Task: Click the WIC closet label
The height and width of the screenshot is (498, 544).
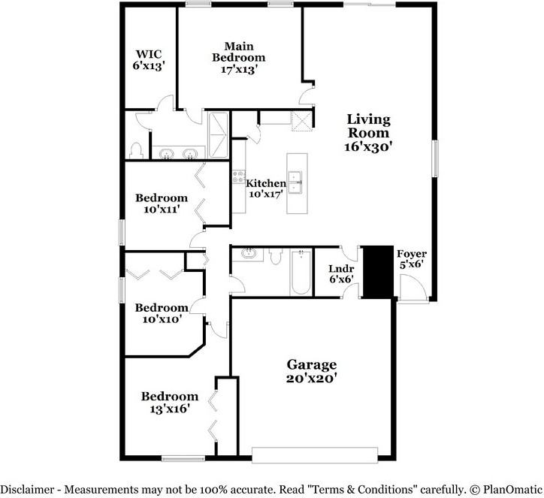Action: pyautogui.click(x=148, y=59)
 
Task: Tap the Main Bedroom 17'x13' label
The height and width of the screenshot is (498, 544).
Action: pyautogui.click(x=239, y=57)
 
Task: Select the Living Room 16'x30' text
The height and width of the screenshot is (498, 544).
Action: pyautogui.click(x=368, y=132)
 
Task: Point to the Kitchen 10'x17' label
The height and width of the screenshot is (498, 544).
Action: pyautogui.click(x=266, y=189)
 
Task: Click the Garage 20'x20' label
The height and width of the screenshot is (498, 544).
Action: pyautogui.click(x=312, y=371)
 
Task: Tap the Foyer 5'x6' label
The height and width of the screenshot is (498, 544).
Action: pyautogui.click(x=412, y=258)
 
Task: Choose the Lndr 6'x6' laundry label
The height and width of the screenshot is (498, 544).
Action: pyautogui.click(x=341, y=273)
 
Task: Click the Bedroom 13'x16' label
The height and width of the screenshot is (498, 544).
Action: pyautogui.click(x=170, y=403)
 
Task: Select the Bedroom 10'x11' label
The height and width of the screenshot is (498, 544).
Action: pyautogui.click(x=162, y=204)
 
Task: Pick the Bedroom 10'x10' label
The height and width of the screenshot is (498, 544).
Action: pyautogui.click(x=162, y=313)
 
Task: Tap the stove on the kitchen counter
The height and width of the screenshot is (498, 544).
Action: pyautogui.click(x=238, y=177)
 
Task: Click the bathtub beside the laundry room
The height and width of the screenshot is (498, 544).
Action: pyautogui.click(x=301, y=273)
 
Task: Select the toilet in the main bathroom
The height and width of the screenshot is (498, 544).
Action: pyautogui.click(x=136, y=150)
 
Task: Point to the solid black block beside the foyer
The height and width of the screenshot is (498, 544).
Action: pyautogui.click(x=378, y=272)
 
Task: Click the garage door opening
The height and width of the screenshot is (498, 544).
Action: pyautogui.click(x=315, y=455)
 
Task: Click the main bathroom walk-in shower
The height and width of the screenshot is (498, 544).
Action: pyautogui.click(x=219, y=135)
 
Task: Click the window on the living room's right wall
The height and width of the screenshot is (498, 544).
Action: pyautogui.click(x=435, y=158)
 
